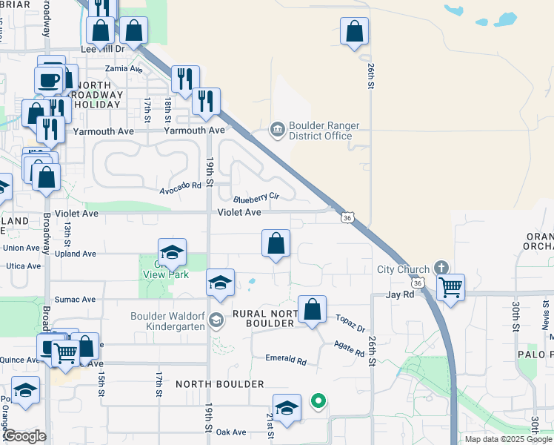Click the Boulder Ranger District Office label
tap(321, 131)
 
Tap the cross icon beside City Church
tap(441, 268)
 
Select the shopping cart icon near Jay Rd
tap(450, 286)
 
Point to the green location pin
tap(318, 402)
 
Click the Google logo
tap(24, 436)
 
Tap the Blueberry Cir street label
tap(256, 198)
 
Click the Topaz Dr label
tap(350, 324)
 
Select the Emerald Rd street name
tap(286, 359)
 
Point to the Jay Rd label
tap(398, 294)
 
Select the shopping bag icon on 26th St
tap(355, 31)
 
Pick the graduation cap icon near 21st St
tap(287, 408)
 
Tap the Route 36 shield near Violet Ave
tap(347, 217)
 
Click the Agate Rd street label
tap(349, 349)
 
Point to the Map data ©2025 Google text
tap(507, 439)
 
